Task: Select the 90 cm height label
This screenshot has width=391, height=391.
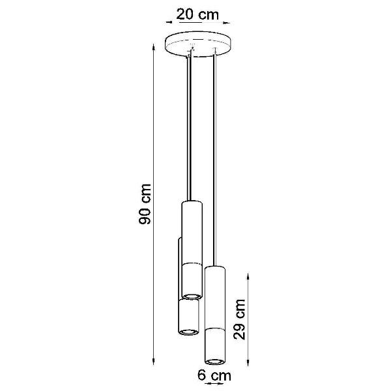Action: tap(147, 204)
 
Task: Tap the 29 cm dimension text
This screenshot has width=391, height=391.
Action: tap(240, 319)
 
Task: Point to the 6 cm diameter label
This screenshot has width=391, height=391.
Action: tap(214, 375)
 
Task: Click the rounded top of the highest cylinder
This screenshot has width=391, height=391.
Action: tap(191, 203)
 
